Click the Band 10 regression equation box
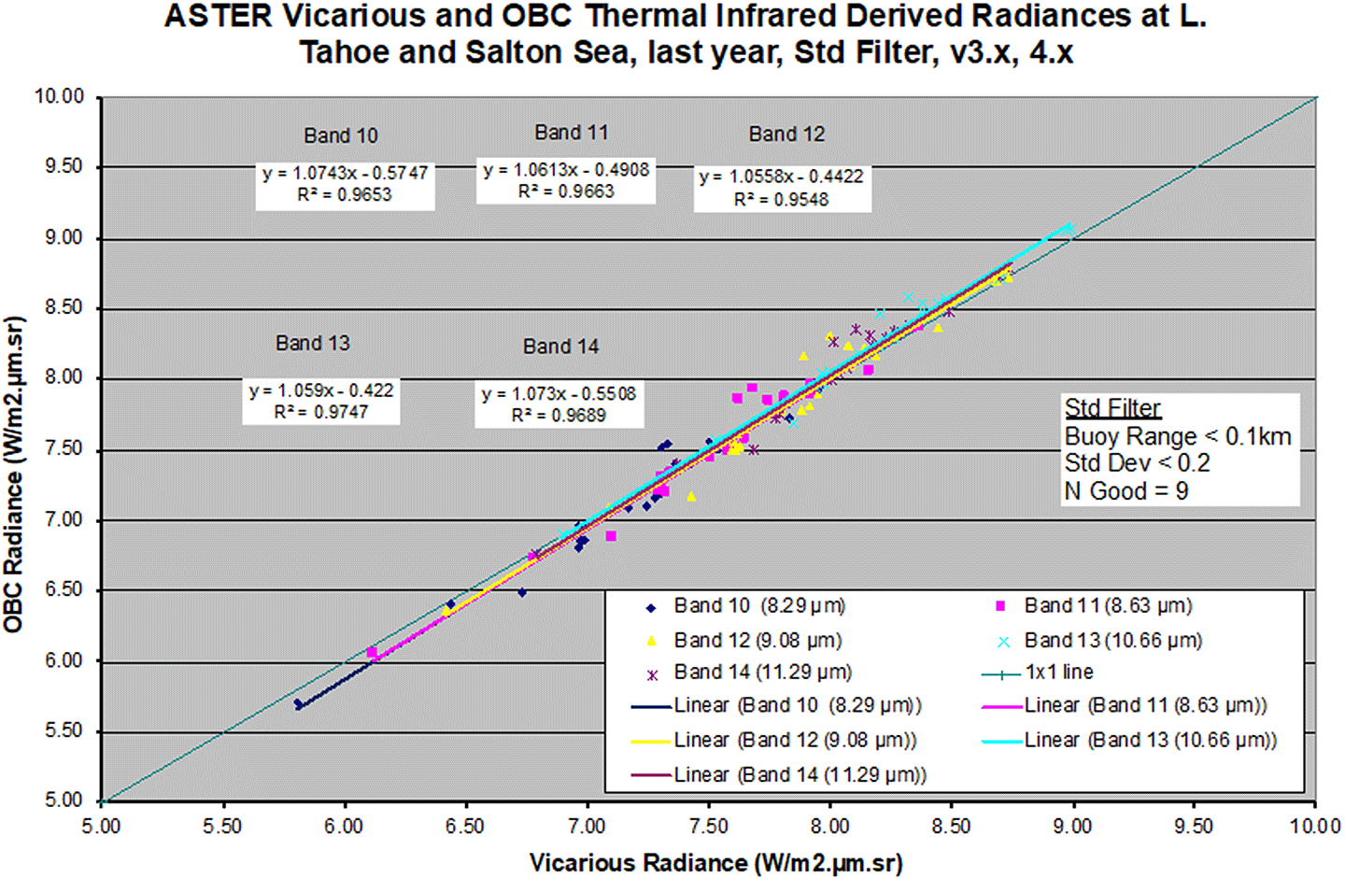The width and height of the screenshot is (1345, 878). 345,184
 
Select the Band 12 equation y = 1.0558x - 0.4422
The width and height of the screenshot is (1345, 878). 782,177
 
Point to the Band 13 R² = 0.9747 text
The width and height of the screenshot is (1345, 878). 321,412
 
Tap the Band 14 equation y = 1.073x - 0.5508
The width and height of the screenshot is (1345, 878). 559,394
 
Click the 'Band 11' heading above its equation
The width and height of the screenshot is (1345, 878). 571,133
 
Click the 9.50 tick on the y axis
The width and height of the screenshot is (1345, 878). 60,166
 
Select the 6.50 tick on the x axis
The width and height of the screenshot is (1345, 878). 465,827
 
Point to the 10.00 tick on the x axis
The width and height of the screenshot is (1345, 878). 1314,827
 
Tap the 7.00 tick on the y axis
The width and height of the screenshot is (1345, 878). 60,519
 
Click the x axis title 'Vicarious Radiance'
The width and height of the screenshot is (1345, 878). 715,862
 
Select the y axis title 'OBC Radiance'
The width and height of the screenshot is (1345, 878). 13,474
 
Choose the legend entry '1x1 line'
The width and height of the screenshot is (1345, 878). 1058,673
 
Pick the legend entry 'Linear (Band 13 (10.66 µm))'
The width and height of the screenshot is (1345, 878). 1149,740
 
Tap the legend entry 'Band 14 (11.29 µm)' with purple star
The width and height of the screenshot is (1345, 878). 762,673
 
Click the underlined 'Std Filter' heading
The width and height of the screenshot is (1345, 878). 1112,408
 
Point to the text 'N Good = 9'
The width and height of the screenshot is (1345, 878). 1126,491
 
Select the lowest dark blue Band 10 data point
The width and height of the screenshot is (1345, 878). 298,704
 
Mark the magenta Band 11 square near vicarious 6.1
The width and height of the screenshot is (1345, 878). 372,652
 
